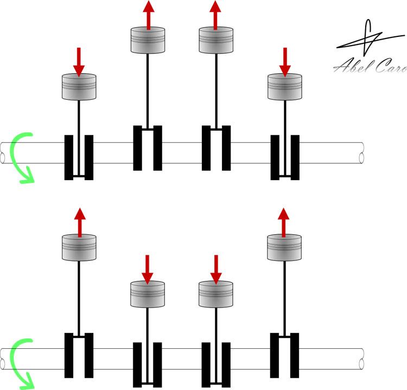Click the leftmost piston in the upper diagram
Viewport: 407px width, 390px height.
(x=79, y=87)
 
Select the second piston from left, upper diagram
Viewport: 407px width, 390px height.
(x=148, y=40)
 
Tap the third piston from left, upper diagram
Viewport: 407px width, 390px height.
(x=216, y=40)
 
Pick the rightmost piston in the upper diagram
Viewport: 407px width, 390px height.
(x=285, y=87)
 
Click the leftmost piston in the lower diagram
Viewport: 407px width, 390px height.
(x=79, y=247)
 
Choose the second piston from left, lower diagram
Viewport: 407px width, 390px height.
(x=148, y=294)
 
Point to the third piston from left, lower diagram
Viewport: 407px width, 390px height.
(x=215, y=294)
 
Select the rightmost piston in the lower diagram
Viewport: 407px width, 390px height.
(x=284, y=247)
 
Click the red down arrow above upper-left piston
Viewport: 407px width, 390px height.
(x=79, y=62)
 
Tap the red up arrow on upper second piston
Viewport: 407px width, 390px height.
(x=149, y=15)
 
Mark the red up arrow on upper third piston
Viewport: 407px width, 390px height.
(x=215, y=15)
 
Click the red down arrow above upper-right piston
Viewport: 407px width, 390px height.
(x=285, y=62)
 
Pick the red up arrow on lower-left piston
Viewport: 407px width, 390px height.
(x=80, y=222)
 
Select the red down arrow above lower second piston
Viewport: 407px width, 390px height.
(x=148, y=270)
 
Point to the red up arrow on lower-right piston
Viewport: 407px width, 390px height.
(x=283, y=222)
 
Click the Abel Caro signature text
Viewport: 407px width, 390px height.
(x=370, y=66)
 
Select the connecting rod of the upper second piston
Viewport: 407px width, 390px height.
(x=148, y=91)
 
